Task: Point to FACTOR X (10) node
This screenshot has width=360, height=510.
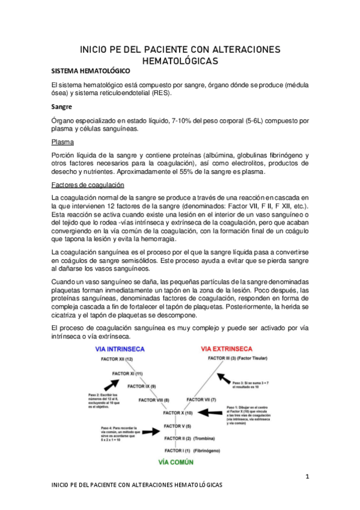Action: coord(178,413)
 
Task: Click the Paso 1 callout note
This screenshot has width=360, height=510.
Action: coord(246,415)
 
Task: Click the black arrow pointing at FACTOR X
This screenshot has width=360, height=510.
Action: coord(210,413)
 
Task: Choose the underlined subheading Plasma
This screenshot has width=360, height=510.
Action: coord(63,143)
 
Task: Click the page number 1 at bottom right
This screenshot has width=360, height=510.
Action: coord(307,477)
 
